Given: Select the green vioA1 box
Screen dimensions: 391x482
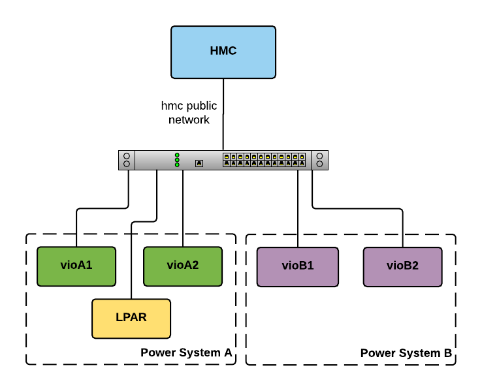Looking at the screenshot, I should [x=76, y=266].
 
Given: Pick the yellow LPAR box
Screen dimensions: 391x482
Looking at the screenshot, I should [x=131, y=319].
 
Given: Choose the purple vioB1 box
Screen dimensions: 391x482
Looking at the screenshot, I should [x=298, y=266].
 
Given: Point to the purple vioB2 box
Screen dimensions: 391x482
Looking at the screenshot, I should [x=402, y=266].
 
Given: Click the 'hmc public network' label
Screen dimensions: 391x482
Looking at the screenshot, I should [x=189, y=112].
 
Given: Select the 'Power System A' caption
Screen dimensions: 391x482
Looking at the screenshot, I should [x=186, y=352].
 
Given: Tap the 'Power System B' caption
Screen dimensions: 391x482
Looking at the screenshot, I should [x=406, y=353].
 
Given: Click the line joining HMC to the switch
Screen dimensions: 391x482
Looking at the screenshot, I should [x=223, y=114].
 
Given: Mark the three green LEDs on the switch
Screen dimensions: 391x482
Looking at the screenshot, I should [x=177, y=160].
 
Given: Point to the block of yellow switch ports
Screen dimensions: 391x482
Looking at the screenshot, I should [x=264, y=160].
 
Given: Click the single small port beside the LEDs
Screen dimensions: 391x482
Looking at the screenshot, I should [x=199, y=163].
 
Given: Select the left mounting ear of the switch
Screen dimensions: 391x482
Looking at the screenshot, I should [x=127, y=160].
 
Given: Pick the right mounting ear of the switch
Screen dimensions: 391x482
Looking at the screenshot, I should [x=320, y=160].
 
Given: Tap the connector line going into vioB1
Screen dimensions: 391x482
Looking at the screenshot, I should [x=298, y=209].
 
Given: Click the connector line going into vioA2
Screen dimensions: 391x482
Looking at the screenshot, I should [x=182, y=209].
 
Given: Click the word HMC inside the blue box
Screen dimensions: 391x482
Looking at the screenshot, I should [x=223, y=51].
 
